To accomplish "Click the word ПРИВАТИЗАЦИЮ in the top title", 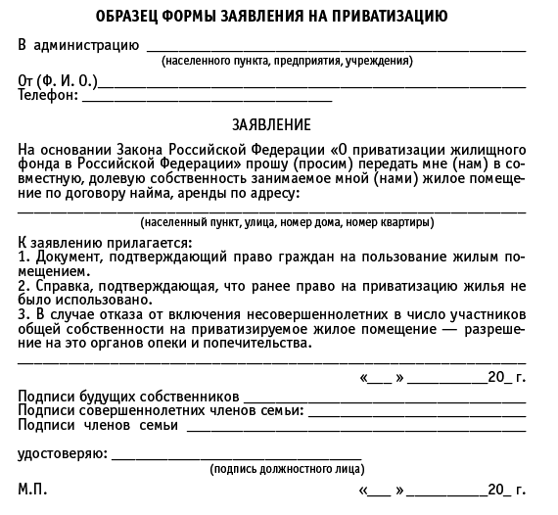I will point(385,17).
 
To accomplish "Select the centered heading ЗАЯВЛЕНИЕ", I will point(272,125).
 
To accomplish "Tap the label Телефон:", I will point(47,96).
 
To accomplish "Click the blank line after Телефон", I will point(206,98).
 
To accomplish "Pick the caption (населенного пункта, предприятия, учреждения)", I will point(287,61).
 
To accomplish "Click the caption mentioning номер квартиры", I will point(287,223).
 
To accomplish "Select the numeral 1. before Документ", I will point(23,256).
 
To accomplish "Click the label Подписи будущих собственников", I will point(128,397).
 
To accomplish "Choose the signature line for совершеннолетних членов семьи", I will point(417,411).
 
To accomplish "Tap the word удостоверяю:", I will point(62,454).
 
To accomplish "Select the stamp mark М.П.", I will point(32,488).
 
